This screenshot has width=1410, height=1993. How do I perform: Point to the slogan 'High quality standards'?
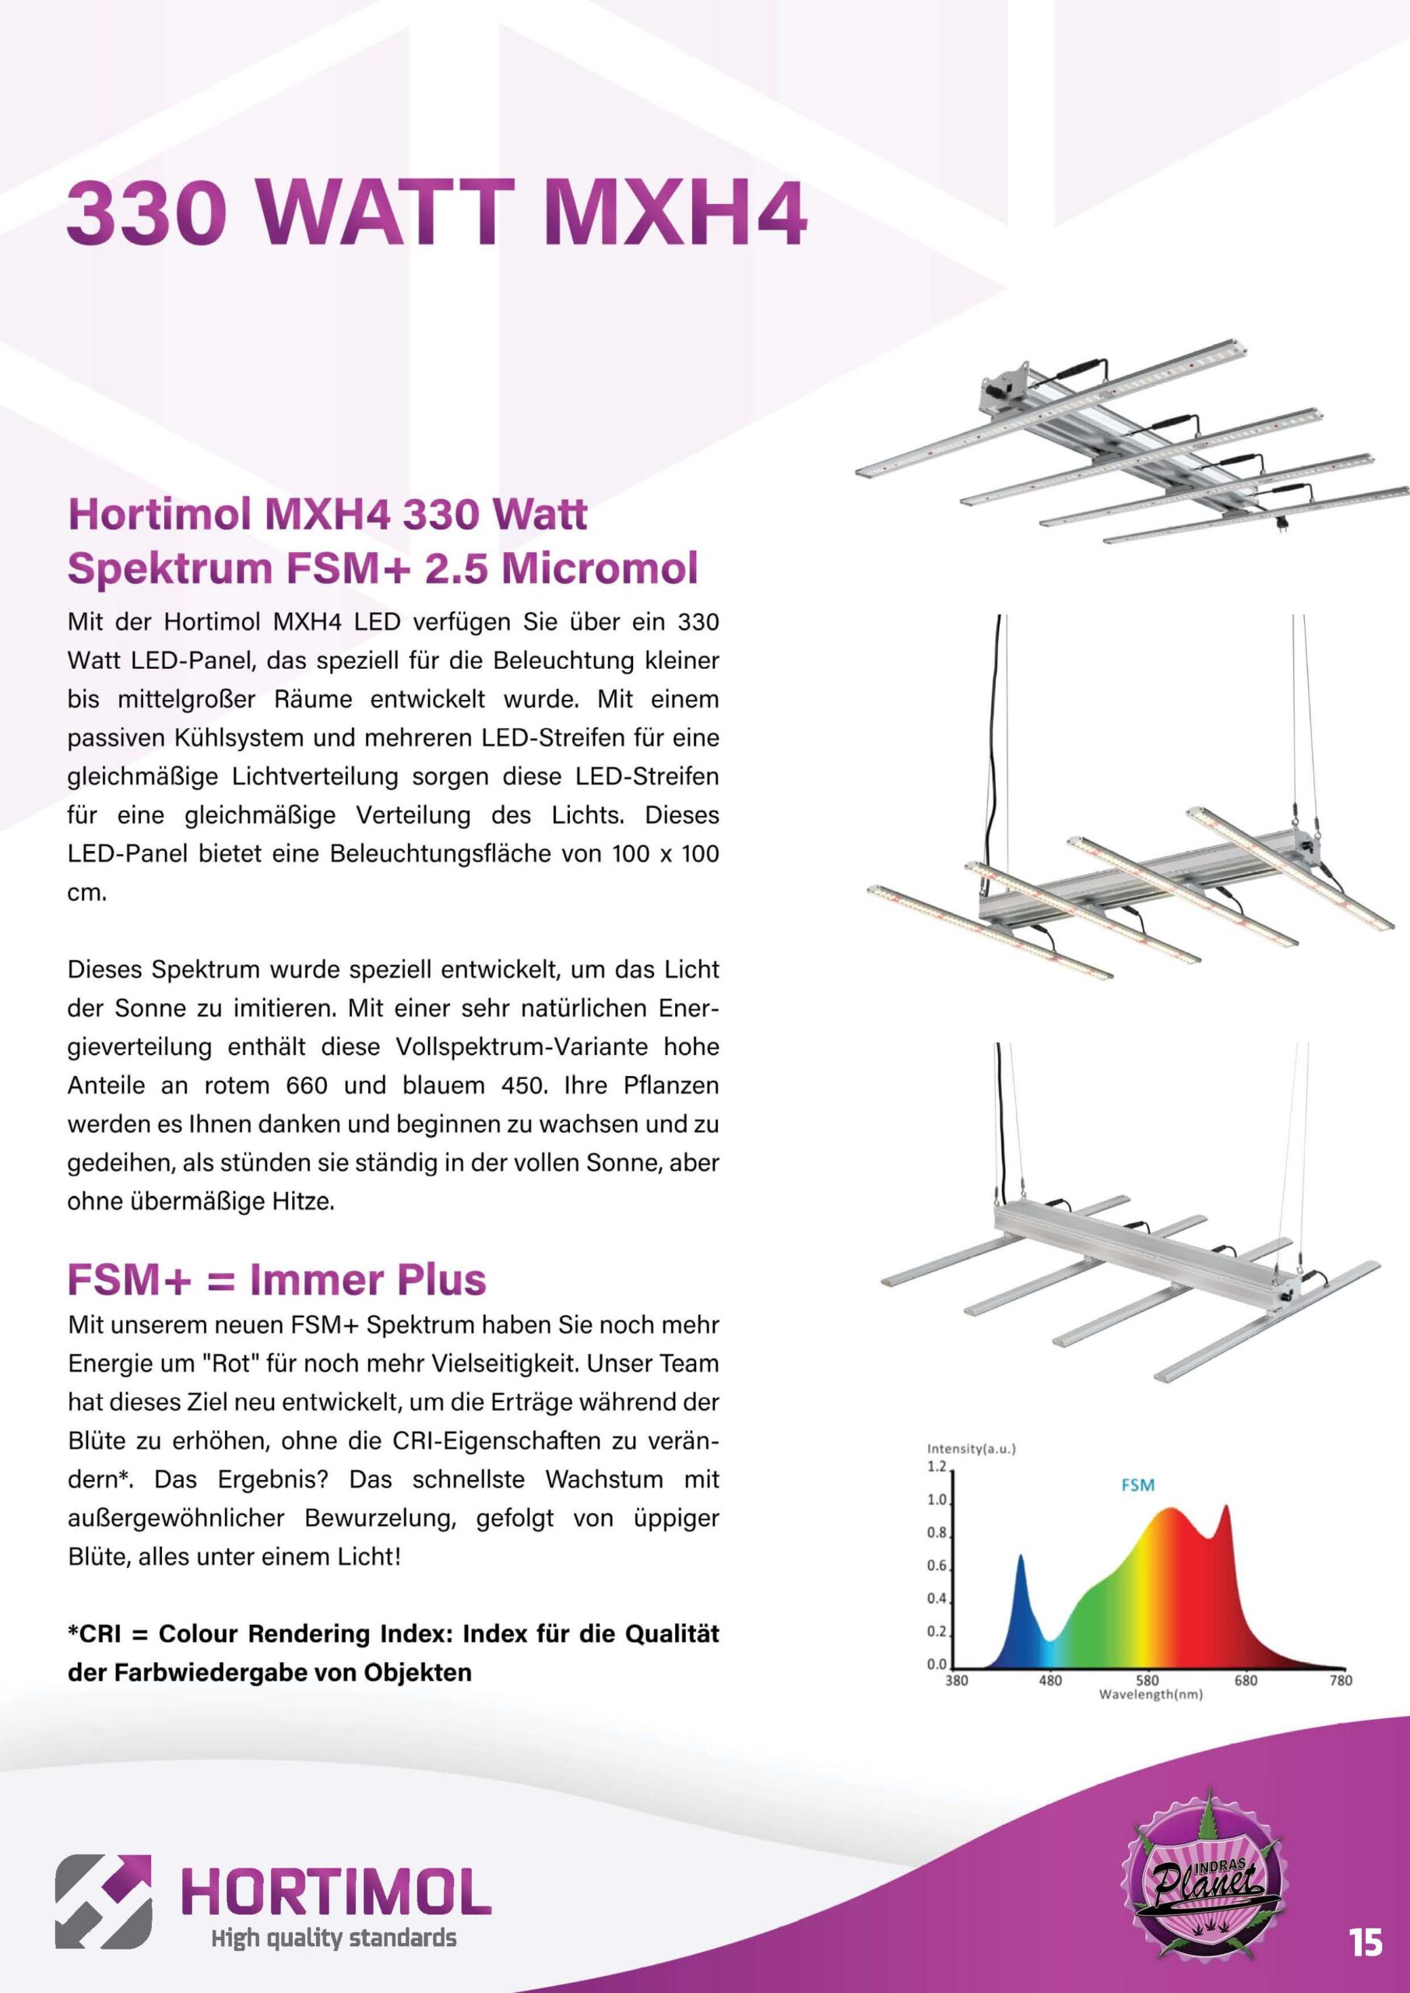tap(333, 1938)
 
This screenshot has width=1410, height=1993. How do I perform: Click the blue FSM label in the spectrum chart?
tap(1137, 1485)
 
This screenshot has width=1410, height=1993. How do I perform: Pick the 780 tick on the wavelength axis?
tap(1341, 1681)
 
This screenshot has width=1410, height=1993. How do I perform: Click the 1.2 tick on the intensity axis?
tap(937, 1466)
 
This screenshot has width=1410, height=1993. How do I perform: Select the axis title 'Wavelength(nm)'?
tap(1151, 1693)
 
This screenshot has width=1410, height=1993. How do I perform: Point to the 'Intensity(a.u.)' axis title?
tap(971, 1449)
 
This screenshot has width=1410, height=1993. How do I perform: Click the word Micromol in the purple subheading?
tap(601, 568)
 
